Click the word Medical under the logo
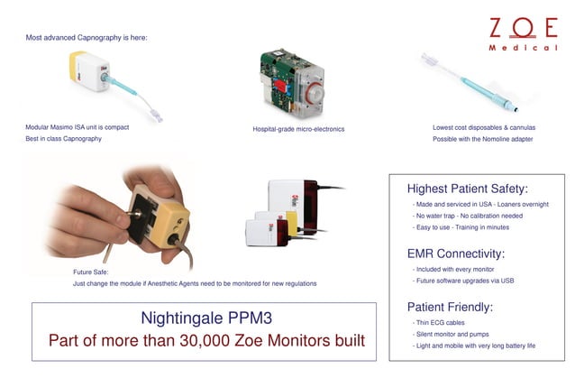[523, 48]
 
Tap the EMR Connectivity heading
[455, 254]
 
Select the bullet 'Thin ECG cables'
[440, 322]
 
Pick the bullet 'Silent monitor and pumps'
[453, 334]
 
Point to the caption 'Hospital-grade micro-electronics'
[298, 129]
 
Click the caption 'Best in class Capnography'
[64, 138]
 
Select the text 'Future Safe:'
[91, 271]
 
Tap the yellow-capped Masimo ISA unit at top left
[90, 74]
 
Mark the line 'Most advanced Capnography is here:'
[87, 38]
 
